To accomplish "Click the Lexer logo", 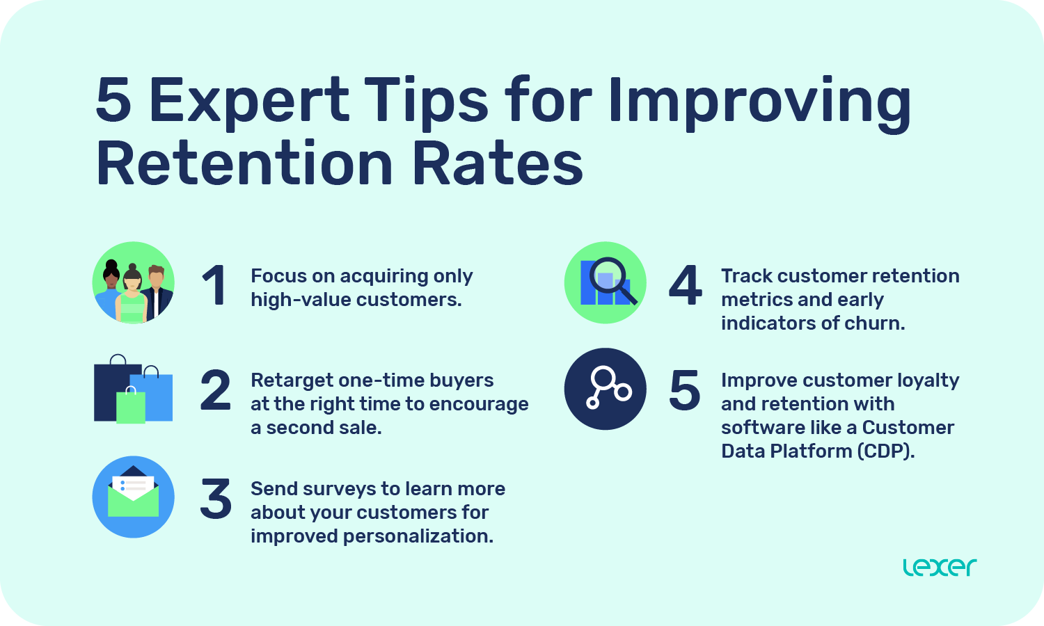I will click(x=940, y=567).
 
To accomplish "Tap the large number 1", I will click(x=214, y=285).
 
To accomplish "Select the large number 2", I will click(x=215, y=390).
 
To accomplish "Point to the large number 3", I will click(x=215, y=499).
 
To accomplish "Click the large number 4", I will click(x=686, y=285).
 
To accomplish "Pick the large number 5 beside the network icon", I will click(x=685, y=390).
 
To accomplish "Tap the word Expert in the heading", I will click(x=249, y=99).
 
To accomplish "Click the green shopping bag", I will click(x=131, y=407).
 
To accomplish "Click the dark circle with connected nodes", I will click(x=605, y=389).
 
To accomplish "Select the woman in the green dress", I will click(x=132, y=299).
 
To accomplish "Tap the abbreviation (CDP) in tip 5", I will click(x=886, y=451).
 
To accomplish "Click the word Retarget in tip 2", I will click(x=292, y=380).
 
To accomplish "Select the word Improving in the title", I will click(x=759, y=99).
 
